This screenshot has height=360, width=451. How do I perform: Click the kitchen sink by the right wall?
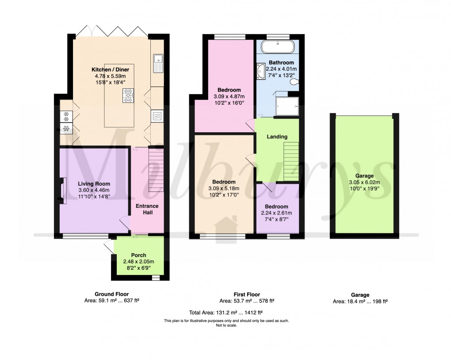coord(157,63)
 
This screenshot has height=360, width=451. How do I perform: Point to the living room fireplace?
coord(64,191)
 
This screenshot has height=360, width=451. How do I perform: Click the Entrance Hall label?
coord(147,210)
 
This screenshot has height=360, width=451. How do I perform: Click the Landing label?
coord(277,137)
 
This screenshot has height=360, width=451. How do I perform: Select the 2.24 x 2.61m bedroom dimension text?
coord(277,213)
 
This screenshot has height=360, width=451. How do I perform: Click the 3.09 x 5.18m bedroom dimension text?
coord(223,188)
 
